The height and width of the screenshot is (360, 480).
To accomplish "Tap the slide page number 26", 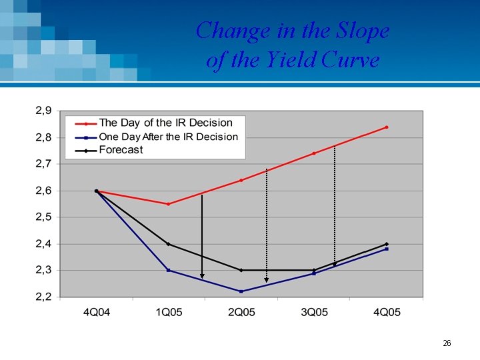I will [x=447, y=343].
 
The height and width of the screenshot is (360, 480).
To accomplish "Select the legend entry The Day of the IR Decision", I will [x=165, y=123].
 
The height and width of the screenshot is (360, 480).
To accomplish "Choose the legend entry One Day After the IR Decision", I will [x=168, y=137].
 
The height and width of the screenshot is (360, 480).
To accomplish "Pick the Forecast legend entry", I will [x=121, y=150].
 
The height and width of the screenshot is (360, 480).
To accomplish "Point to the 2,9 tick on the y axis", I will [x=43, y=111].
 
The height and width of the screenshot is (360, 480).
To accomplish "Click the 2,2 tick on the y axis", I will [x=43, y=297].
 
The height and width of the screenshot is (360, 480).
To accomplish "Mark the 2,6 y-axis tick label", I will [x=43, y=191].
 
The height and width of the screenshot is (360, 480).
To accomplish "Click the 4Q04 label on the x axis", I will [x=96, y=313].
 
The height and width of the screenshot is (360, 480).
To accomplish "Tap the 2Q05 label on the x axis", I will [x=241, y=313].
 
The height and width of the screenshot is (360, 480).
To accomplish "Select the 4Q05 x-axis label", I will [x=386, y=313].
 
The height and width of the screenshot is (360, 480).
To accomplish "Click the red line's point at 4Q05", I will [x=387, y=127].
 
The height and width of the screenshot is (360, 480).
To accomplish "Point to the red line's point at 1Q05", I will [x=168, y=204].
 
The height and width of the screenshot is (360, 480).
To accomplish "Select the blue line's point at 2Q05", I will [x=241, y=291].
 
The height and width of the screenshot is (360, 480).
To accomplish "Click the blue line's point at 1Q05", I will [x=168, y=270].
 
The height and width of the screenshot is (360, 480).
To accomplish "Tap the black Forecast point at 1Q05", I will [x=168, y=244].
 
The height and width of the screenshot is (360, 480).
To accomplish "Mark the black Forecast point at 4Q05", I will [x=387, y=244].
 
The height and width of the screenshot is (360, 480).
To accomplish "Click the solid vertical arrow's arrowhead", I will [x=202, y=276].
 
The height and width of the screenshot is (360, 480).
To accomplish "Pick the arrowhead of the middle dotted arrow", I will [x=267, y=280].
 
